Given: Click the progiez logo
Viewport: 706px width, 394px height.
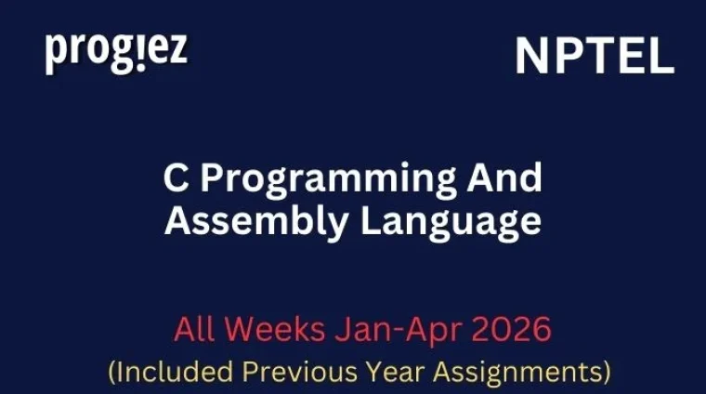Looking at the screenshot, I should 116,51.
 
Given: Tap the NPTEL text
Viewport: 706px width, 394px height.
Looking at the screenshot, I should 595,58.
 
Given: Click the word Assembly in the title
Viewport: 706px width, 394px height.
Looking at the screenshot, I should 242,223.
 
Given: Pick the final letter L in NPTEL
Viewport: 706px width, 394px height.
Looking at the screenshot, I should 660,58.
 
